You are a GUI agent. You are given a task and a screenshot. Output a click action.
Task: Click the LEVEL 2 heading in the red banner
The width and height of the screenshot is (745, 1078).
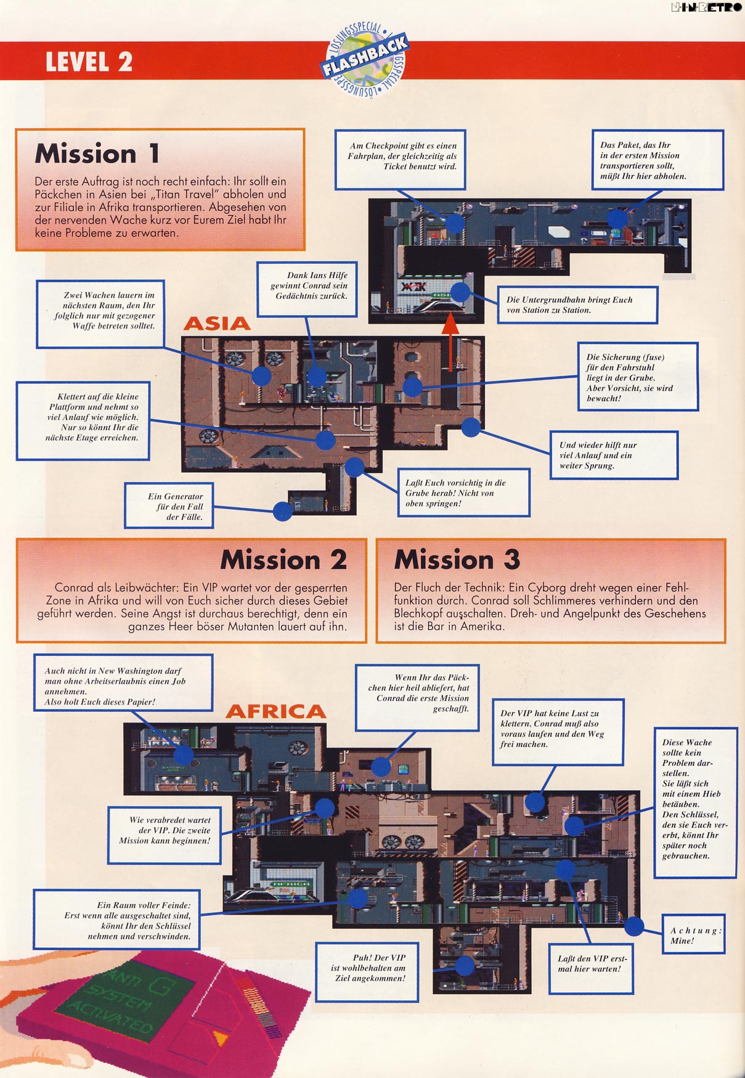tap(89, 62)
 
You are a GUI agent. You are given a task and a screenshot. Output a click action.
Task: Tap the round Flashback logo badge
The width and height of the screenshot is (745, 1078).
tap(365, 60)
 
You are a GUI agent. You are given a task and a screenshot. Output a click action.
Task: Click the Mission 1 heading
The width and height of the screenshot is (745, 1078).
tap(97, 153)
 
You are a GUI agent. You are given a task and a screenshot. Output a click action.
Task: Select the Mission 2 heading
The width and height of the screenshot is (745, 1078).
tap(283, 560)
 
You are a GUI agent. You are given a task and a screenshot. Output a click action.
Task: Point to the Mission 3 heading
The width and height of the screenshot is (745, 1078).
tap(457, 560)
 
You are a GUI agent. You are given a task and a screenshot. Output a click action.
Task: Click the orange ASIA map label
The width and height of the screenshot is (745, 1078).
tap(217, 324)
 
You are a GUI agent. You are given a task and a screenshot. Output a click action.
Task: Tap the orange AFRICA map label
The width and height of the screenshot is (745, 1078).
tap(275, 711)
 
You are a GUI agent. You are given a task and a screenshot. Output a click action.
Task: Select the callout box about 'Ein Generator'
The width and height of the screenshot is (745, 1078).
tap(169, 506)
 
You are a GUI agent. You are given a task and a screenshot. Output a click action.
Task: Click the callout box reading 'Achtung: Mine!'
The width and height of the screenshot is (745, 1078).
tap(693, 935)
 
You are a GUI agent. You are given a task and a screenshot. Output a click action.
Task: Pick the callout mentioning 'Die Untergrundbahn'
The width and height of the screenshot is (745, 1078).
tap(577, 304)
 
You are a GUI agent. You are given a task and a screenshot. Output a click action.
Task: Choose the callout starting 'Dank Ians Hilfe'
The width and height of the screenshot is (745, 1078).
tap(307, 289)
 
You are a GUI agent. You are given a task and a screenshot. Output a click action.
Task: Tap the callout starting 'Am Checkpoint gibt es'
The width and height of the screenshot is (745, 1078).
tap(400, 160)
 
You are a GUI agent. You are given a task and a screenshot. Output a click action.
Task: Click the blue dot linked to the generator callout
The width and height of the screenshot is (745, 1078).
tap(282, 511)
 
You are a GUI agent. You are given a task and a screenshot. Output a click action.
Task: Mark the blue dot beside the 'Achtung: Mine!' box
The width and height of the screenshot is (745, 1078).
tap(634, 926)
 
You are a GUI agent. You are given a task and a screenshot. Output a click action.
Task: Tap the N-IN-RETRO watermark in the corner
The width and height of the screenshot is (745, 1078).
tap(706, 8)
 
